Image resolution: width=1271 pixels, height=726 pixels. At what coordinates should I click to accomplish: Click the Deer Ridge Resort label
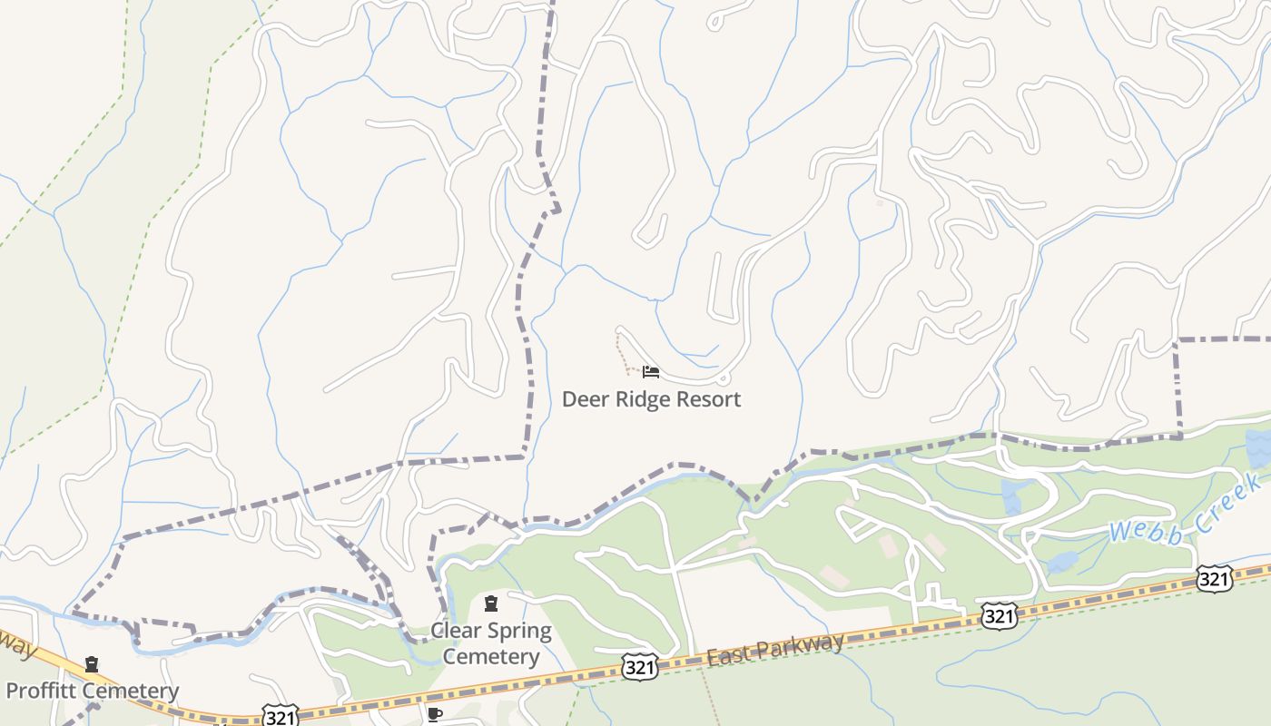[x=651, y=399]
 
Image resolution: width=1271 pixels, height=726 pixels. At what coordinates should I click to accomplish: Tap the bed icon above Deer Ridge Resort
[x=650, y=372]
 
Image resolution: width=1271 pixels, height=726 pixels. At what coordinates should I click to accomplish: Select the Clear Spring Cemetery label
[x=490, y=643]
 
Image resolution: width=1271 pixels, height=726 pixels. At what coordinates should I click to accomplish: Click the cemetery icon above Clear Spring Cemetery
[x=491, y=603]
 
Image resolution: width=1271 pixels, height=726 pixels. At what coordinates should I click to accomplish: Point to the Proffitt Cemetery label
[x=93, y=691]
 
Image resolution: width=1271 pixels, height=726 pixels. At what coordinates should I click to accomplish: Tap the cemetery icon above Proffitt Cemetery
[x=92, y=665]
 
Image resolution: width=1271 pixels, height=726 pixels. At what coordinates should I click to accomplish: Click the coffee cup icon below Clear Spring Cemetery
[x=435, y=714]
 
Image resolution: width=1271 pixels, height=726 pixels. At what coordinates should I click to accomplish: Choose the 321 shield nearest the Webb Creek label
[x=1214, y=578]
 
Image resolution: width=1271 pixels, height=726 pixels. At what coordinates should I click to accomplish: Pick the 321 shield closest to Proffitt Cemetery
[x=280, y=715]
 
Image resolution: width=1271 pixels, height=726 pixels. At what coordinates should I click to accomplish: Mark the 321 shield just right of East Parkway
[x=999, y=616]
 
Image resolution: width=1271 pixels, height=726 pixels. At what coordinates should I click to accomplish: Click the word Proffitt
[x=44, y=691]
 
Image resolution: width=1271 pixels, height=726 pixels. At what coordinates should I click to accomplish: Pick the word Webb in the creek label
[x=1146, y=528]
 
